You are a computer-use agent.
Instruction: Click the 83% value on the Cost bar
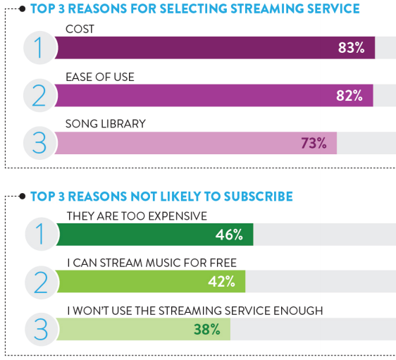[x=350, y=48]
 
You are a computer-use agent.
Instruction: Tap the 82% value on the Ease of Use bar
[x=349, y=95]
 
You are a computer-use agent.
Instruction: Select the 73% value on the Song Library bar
[x=314, y=143]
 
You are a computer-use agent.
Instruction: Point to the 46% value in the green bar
[x=229, y=234]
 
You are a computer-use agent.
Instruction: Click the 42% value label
[x=221, y=282]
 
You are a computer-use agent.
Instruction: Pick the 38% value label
[x=207, y=329]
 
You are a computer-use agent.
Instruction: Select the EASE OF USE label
[x=99, y=76]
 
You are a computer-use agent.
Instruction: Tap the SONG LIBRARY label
[x=105, y=123]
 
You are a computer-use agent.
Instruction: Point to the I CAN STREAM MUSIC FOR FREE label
[x=151, y=262]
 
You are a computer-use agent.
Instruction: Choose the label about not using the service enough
[x=194, y=309]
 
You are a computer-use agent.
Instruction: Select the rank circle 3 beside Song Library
[x=39, y=142]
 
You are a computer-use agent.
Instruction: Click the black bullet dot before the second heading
[x=23, y=196]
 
